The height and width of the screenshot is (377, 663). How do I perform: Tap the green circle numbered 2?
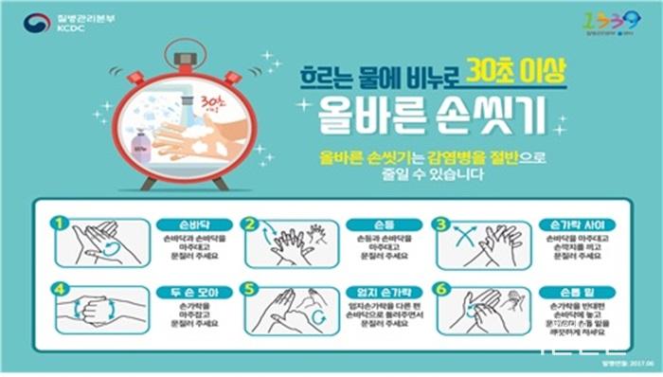click(250, 224)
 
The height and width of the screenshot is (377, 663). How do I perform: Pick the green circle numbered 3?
click(439, 224)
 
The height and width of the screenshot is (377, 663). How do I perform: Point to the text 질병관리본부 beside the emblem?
click(79, 16)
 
